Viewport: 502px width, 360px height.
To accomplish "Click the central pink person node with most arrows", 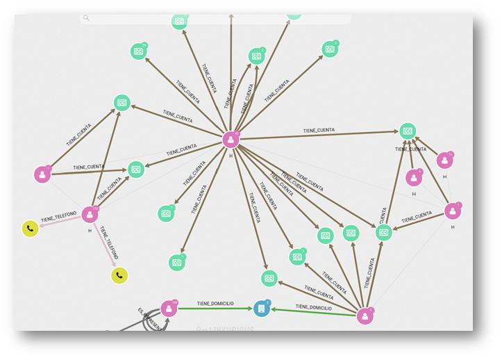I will [x=231, y=140].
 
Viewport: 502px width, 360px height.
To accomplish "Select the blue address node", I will [x=261, y=308].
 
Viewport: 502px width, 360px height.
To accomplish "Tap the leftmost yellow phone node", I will [x=30, y=228].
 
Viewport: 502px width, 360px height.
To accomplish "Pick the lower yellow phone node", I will [x=120, y=276].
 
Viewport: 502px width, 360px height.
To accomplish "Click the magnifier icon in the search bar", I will [x=86, y=18].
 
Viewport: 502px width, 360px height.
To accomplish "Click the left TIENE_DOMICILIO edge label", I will [x=215, y=304].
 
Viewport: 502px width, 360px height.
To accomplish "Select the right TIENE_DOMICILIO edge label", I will [x=313, y=306].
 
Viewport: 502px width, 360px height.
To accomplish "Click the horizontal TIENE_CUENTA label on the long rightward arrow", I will [x=319, y=131].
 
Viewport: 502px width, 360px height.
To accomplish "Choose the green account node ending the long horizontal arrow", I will [x=408, y=131].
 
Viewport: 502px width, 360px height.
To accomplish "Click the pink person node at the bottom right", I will [x=365, y=316].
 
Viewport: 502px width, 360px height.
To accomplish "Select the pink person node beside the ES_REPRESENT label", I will [x=169, y=309].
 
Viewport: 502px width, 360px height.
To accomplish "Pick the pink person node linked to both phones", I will [x=90, y=214].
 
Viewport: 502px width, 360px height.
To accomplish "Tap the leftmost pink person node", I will [x=42, y=174].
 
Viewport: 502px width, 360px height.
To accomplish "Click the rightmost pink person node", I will [x=453, y=211].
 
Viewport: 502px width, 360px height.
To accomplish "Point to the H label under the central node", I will [x=231, y=155].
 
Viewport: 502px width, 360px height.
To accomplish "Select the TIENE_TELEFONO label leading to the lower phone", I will [x=108, y=243].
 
